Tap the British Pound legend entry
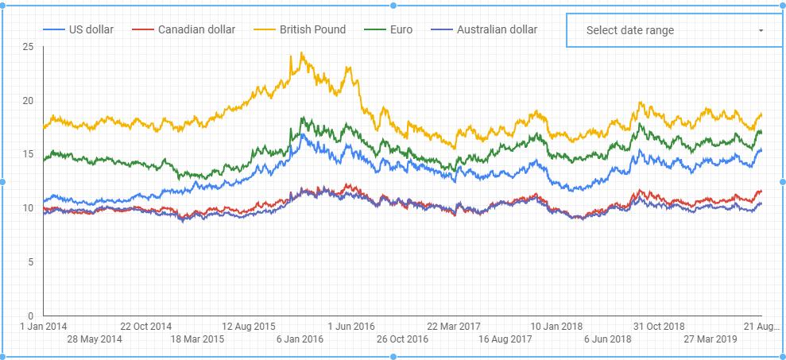click(x=312, y=30)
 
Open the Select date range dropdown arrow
click(x=761, y=31)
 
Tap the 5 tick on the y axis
click(x=30, y=261)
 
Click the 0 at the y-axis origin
click(x=30, y=315)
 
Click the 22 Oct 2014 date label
click(x=146, y=327)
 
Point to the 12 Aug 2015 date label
click(x=249, y=327)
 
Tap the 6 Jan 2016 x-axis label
click(x=300, y=339)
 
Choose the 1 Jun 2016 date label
click(x=350, y=327)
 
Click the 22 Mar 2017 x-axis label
click(x=454, y=327)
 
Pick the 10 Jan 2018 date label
click(x=556, y=327)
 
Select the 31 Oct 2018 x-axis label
click(x=659, y=327)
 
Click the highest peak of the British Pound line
click(x=302, y=53)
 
